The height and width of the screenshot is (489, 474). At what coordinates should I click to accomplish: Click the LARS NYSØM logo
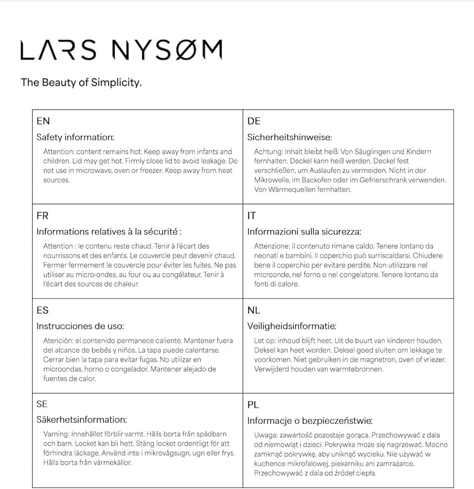(x=121, y=50)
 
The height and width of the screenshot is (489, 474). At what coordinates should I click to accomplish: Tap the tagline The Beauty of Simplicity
(x=81, y=83)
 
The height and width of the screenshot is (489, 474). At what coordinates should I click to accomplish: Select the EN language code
(x=43, y=121)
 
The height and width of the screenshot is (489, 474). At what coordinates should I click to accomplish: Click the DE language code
(x=254, y=121)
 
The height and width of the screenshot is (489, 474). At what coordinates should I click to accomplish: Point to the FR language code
(x=42, y=216)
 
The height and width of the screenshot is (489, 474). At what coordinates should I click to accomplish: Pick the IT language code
(x=251, y=216)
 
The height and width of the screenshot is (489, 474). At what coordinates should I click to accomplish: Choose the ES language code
(x=42, y=310)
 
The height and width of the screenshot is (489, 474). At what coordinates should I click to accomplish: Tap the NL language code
(x=253, y=310)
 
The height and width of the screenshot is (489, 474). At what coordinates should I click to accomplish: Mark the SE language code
(x=42, y=404)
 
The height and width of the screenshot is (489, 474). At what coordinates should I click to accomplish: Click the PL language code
(x=253, y=405)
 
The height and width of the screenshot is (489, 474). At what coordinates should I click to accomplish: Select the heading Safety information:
(x=75, y=137)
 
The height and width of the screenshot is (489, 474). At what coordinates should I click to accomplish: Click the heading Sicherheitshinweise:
(x=289, y=137)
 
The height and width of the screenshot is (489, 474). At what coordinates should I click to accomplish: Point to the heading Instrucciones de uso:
(x=80, y=326)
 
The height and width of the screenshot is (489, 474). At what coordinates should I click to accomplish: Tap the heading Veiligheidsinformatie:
(x=292, y=326)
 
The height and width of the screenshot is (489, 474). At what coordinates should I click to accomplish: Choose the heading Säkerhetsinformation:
(x=82, y=420)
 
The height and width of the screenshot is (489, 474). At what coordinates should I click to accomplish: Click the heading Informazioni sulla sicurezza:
(x=304, y=232)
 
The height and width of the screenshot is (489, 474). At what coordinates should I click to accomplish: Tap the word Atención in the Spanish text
(x=58, y=340)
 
